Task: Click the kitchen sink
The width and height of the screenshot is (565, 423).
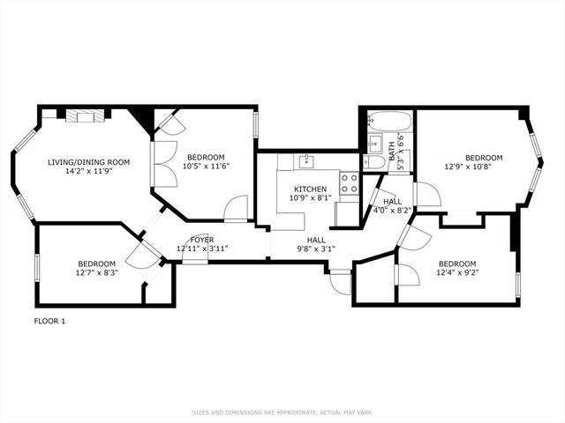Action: click(306, 161)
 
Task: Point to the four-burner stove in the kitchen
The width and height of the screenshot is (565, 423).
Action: click(349, 182)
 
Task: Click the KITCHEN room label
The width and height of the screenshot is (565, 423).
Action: click(311, 189)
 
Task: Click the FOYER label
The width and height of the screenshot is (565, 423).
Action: click(201, 240)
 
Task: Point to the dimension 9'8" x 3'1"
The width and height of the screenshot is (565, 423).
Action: click(316, 249)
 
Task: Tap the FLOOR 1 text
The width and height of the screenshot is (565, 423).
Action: click(49, 321)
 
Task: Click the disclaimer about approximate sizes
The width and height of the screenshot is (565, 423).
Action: click(282, 412)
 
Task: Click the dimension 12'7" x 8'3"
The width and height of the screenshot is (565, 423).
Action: click(97, 273)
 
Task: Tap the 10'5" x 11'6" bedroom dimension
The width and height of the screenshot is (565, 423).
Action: click(207, 166)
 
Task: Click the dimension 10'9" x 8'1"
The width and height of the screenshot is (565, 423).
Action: click(311, 199)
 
